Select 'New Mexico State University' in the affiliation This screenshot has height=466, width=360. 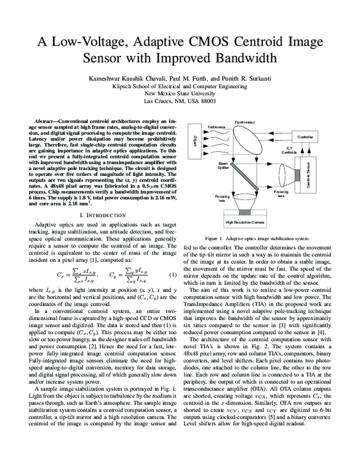point(180,94)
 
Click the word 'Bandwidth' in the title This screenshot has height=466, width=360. point(244,58)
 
